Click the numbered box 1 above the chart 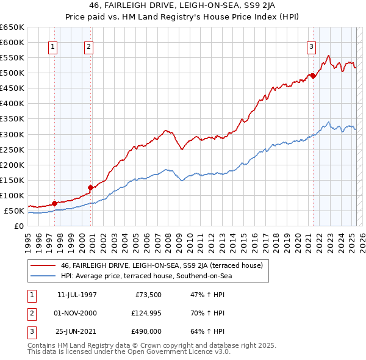(53, 46)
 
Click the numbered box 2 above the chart (88, 46)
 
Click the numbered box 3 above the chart (311, 46)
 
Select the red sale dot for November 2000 (90, 187)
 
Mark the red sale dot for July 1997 (54, 203)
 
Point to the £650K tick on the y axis (12, 27)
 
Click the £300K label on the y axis (12, 134)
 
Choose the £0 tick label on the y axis (18, 226)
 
